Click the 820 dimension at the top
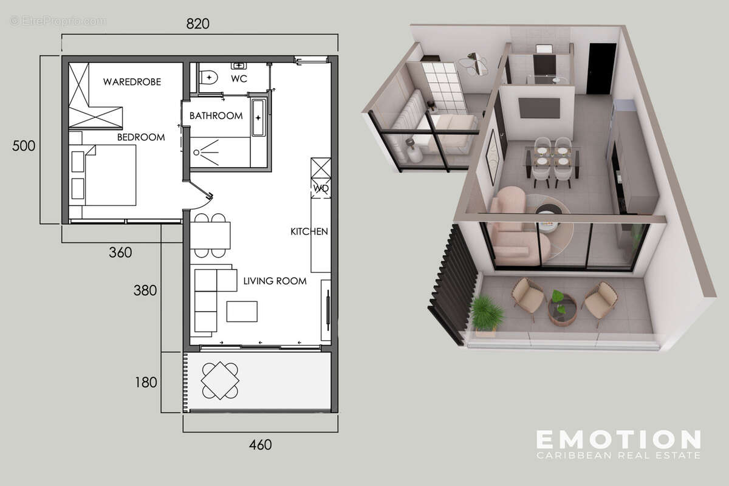click(x=198, y=24)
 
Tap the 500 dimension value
click(x=24, y=146)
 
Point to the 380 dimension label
click(x=145, y=291)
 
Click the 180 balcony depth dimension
click(x=145, y=383)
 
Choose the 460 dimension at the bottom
click(x=260, y=445)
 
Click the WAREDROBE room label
click(x=132, y=81)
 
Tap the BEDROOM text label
click(x=141, y=137)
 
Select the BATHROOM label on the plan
click(x=216, y=115)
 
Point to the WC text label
click(x=238, y=79)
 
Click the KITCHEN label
click(x=309, y=231)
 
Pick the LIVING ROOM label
click(x=275, y=281)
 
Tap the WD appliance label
click(x=321, y=188)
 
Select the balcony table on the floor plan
click(x=220, y=380)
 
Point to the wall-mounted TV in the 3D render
click(x=538, y=108)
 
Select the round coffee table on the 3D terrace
click(x=561, y=309)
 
